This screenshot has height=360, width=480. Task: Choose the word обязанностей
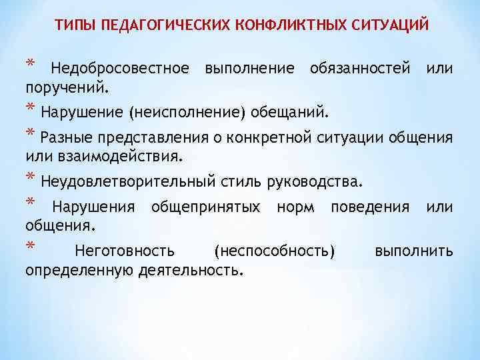[x=359, y=69]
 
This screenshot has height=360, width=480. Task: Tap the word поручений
[x=67, y=87]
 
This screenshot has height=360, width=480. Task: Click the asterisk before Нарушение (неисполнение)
[x=30, y=109]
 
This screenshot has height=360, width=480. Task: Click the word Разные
[x=67, y=139]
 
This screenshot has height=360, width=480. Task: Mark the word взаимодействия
[x=120, y=158]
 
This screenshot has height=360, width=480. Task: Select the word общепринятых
[x=206, y=207]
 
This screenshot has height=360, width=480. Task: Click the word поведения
[x=370, y=207]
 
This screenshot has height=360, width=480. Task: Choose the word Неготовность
[x=125, y=251]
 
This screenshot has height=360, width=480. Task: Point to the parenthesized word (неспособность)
[x=274, y=251]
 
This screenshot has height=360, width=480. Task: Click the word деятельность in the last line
[x=191, y=271]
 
